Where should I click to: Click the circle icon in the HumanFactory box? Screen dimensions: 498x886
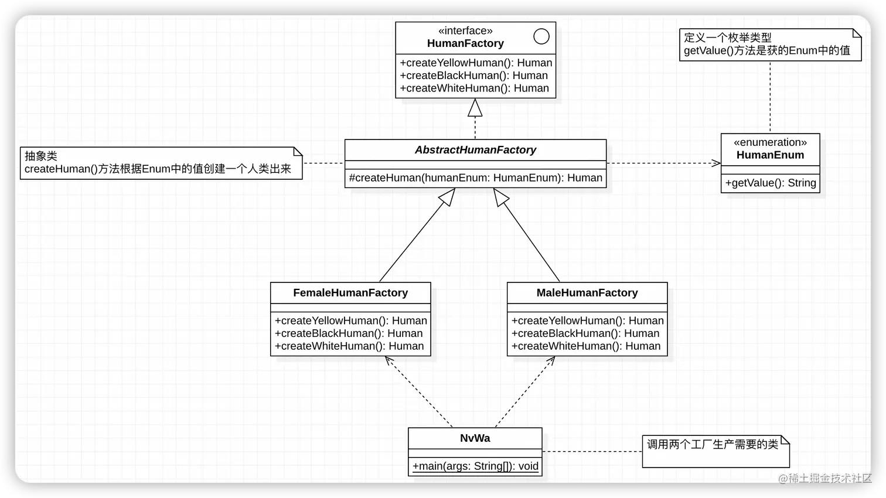pyautogui.click(x=541, y=36)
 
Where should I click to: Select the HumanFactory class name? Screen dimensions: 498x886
pyautogui.click(x=465, y=43)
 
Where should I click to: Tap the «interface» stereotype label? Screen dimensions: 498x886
pyautogui.click(x=465, y=30)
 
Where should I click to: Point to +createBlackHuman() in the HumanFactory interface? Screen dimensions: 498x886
pyautogui.click(x=473, y=76)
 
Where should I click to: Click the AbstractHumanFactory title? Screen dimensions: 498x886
pyautogui.click(x=475, y=150)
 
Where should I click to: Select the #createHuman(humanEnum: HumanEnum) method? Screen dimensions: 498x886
pyautogui.click(x=475, y=178)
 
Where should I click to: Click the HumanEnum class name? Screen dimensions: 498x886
pyautogui.click(x=770, y=155)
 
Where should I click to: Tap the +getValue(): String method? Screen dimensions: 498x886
pyautogui.click(x=770, y=183)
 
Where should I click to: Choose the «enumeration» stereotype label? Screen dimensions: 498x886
pyautogui.click(x=770, y=142)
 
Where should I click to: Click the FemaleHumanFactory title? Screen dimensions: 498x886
pyautogui.click(x=350, y=293)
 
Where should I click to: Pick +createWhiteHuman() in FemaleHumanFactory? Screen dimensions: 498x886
pyautogui.click(x=349, y=346)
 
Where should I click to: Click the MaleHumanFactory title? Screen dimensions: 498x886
pyautogui.click(x=587, y=293)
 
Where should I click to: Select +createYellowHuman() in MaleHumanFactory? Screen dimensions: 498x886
pyautogui.click(x=587, y=320)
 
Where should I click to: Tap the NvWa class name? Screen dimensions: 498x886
pyautogui.click(x=475, y=438)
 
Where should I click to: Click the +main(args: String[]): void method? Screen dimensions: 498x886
pyautogui.click(x=475, y=466)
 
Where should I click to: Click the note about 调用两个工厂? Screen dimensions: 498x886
pyautogui.click(x=715, y=451)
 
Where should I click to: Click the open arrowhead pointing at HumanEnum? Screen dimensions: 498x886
pyautogui.click(x=716, y=163)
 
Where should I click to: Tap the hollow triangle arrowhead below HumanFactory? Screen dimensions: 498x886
pyautogui.click(x=475, y=108)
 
